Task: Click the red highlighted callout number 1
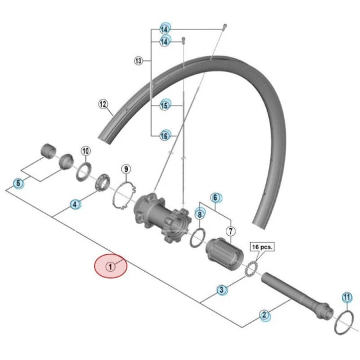[x=110, y=267]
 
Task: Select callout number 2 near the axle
[x=264, y=316]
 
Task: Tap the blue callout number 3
[x=222, y=290]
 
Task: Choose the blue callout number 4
[x=75, y=204]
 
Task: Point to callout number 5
[x=19, y=183]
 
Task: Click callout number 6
[x=215, y=197]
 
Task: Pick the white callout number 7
[x=231, y=232]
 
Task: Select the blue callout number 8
[x=199, y=214]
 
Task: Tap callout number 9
[x=126, y=169]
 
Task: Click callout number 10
[x=86, y=152]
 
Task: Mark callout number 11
[x=347, y=298]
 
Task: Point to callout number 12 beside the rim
[x=103, y=105]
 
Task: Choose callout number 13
[x=138, y=60]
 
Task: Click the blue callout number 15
[x=165, y=106]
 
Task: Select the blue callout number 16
[x=165, y=135]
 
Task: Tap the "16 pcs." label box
[x=261, y=247]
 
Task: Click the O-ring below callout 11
[x=344, y=322]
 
